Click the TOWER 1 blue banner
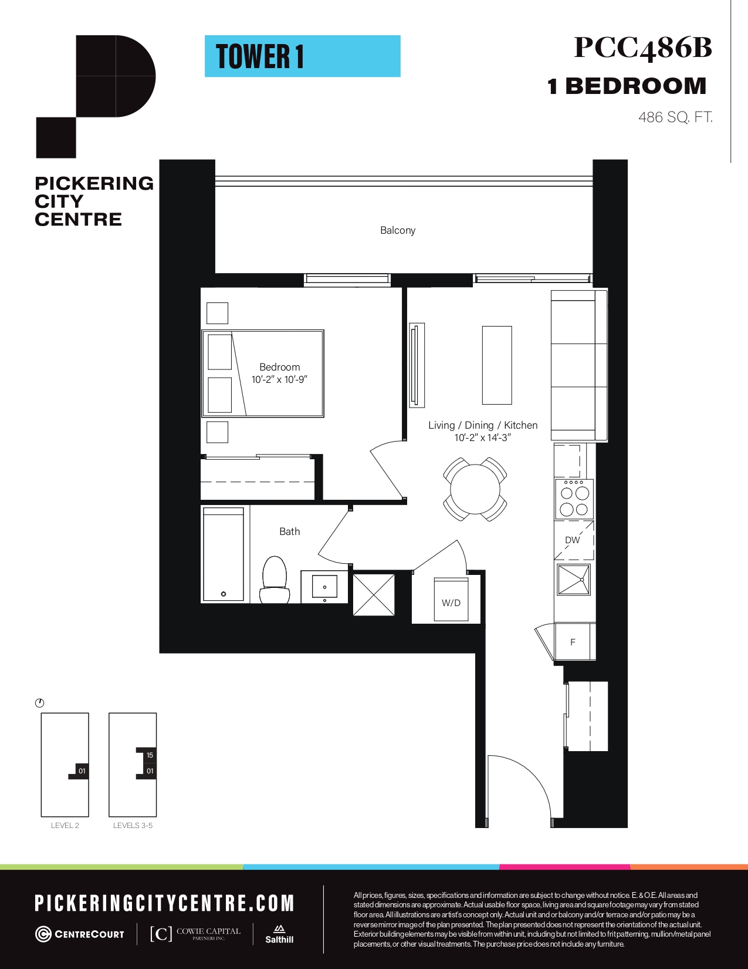(x=303, y=56)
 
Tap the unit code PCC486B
(x=643, y=48)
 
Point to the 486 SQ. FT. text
(x=675, y=117)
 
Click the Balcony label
(x=398, y=231)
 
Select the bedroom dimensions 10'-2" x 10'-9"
(x=279, y=379)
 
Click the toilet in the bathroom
(x=275, y=580)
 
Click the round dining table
(x=475, y=489)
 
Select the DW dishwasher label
(x=573, y=540)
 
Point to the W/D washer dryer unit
(x=451, y=600)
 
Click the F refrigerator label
(x=573, y=642)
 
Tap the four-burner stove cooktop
(x=574, y=499)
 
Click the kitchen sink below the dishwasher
(x=574, y=579)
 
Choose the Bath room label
(x=290, y=531)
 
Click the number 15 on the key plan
(x=150, y=755)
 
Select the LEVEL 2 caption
(x=65, y=825)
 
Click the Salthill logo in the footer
(x=279, y=934)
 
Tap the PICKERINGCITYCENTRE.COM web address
(x=164, y=903)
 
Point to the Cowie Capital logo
(x=195, y=933)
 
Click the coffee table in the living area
(x=497, y=365)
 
